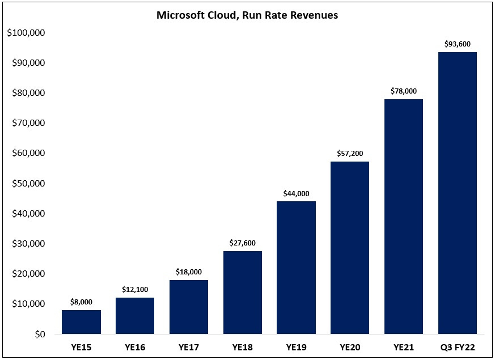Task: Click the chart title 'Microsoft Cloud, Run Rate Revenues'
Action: tap(247, 16)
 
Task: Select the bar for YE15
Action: tap(81, 322)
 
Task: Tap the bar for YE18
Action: tap(243, 293)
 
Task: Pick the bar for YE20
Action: tap(350, 248)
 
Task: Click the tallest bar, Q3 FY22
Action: tap(457, 193)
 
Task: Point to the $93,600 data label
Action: tap(457, 44)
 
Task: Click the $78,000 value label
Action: tap(404, 91)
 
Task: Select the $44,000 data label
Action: tap(296, 194)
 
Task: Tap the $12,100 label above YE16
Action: tap(135, 290)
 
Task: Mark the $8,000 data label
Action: tap(81, 302)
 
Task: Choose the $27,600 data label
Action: tap(243, 243)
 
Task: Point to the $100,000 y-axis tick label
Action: tap(26, 33)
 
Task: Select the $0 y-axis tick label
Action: tap(39, 334)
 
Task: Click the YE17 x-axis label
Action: tap(189, 346)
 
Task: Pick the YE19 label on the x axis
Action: tap(296, 346)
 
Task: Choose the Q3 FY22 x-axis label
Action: tap(457, 346)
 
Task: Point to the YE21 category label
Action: tap(404, 346)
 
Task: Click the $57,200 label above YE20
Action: tap(350, 154)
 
